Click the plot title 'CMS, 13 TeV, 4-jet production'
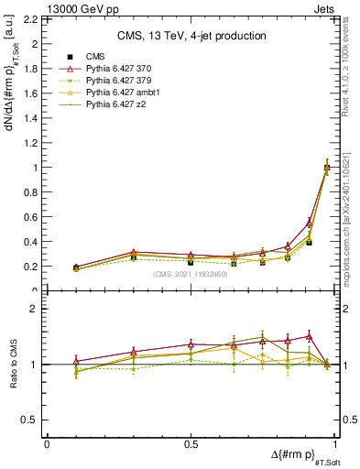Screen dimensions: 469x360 click(x=192, y=36)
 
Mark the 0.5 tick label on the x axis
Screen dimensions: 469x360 click(x=191, y=443)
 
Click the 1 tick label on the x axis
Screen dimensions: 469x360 click(x=334, y=443)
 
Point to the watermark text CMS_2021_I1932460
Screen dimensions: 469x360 click(x=191, y=274)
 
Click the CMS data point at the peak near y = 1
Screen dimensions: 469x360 click(x=327, y=168)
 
